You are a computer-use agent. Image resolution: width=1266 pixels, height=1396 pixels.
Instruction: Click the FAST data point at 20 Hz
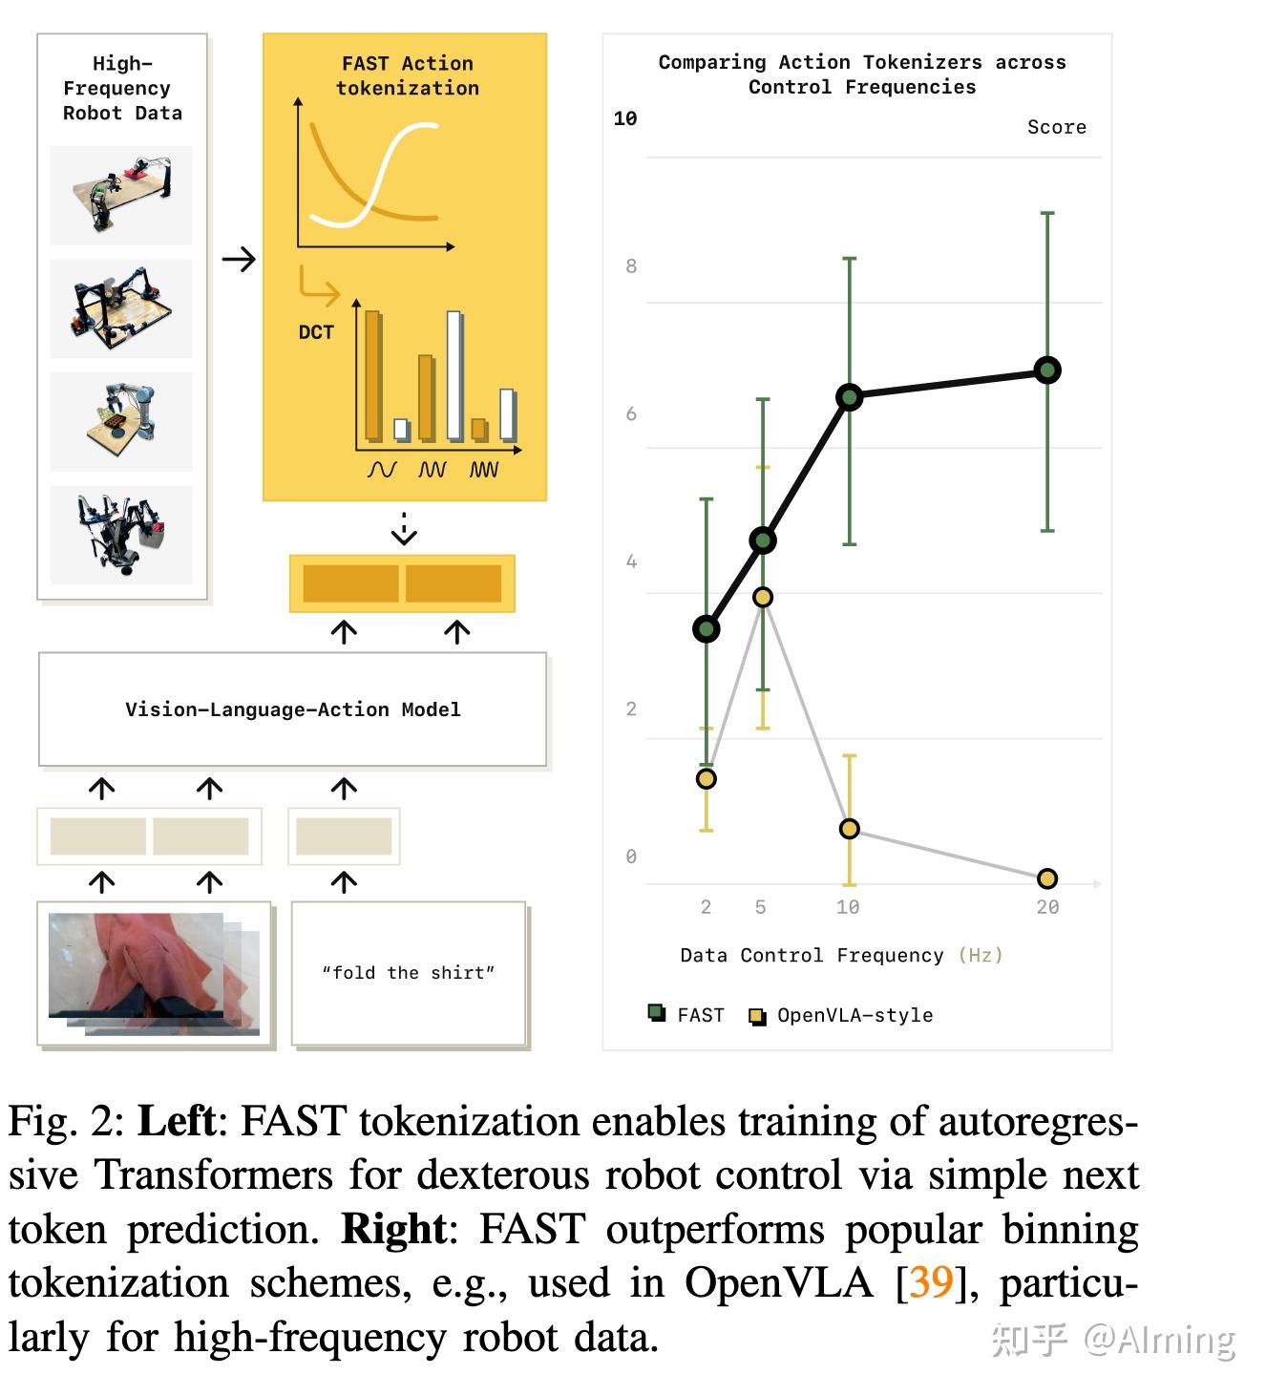coord(1047,370)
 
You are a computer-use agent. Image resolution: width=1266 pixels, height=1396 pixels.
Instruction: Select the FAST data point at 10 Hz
coord(849,397)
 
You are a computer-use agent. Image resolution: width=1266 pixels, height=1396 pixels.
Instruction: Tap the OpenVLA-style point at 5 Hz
coord(763,598)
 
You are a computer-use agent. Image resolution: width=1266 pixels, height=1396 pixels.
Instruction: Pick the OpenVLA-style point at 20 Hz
coord(1047,878)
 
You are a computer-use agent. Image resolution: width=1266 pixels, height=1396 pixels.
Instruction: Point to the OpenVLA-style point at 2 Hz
coord(707,779)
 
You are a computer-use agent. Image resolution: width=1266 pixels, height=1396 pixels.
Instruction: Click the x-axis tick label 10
coord(848,907)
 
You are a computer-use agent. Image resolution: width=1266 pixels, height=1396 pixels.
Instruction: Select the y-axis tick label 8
coord(631,266)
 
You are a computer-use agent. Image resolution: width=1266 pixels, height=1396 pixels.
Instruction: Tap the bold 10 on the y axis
coord(625,118)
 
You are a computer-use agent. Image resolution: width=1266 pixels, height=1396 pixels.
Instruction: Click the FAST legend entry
coord(687,1015)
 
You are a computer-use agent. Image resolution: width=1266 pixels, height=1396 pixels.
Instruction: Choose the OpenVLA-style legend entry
coord(841,1015)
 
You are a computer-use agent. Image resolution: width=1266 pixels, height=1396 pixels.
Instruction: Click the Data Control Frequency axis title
coord(841,956)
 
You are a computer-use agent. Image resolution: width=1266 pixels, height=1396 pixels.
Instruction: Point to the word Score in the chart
coord(1056,127)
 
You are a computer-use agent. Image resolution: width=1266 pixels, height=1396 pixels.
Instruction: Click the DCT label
coord(316,332)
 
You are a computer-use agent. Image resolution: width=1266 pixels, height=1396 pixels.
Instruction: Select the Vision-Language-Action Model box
coord(292,709)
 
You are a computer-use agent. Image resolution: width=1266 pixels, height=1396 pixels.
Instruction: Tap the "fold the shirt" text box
coord(409,973)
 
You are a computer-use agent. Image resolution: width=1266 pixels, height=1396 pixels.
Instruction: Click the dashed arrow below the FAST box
coord(405,529)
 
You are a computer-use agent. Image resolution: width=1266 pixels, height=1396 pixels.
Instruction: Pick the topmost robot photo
coord(121,195)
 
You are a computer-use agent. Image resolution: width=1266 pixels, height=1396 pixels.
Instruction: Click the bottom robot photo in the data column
coord(121,535)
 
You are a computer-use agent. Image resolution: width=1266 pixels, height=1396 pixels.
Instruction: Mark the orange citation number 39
coord(931,1281)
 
